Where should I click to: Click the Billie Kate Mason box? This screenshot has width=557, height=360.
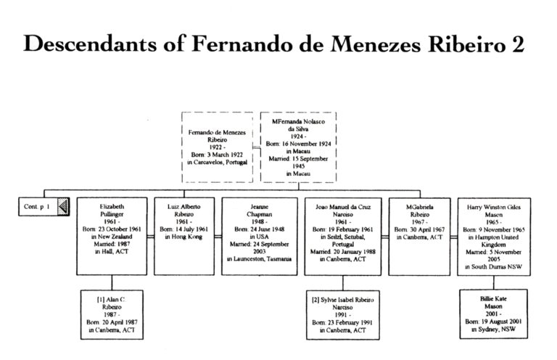pos(496,314)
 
